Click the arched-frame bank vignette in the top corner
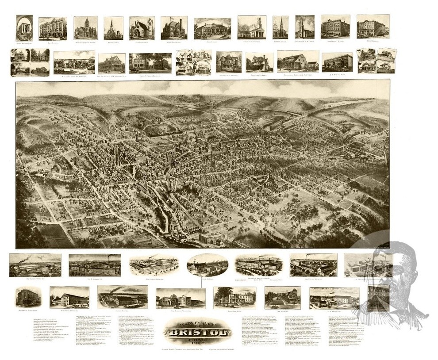coord(24,28)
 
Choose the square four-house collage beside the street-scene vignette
coord(30,62)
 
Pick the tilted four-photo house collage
coord(377,61)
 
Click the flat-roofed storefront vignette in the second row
coord(337,62)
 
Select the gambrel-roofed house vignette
coord(298,61)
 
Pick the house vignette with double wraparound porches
coord(111,64)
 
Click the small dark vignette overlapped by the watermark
coord(378,298)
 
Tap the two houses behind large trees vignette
coord(150,63)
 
